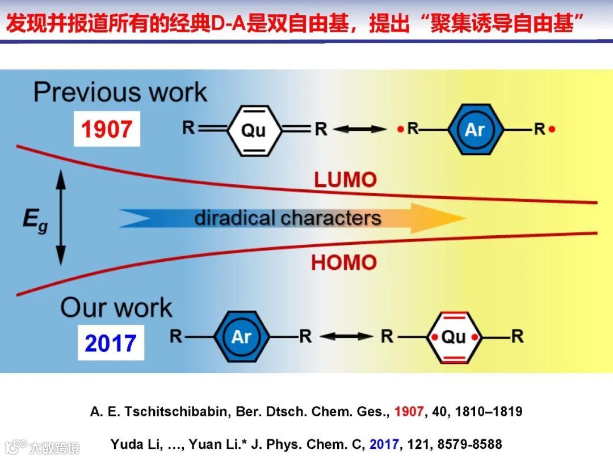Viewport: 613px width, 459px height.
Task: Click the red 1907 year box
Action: pos(107,129)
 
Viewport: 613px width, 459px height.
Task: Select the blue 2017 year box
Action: pos(111,343)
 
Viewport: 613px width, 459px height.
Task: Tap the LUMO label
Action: pos(345,180)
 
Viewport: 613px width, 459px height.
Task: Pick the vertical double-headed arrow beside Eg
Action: pos(61,218)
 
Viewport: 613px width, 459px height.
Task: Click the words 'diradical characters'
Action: pos(287,218)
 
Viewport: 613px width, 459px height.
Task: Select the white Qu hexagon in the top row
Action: pos(254,130)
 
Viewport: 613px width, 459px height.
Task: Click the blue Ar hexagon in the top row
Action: pos(475,130)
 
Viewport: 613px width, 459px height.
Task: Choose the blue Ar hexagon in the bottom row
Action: pos(241,337)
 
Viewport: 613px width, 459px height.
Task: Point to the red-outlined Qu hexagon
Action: pos(453,337)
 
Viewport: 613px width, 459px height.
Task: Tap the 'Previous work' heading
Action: pos(120,92)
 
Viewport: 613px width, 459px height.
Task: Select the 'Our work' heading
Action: pos(116,307)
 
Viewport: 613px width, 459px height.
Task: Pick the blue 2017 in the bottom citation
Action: pos(384,444)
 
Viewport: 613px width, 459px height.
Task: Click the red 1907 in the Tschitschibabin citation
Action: pos(409,412)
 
